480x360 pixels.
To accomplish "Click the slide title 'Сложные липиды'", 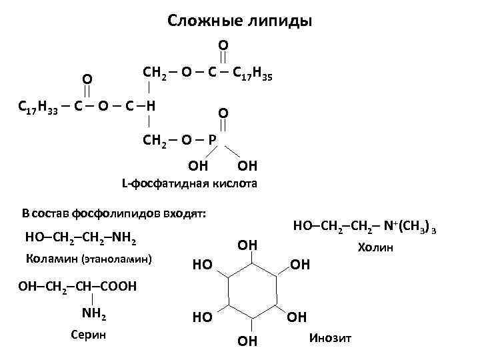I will pyautogui.click(x=239, y=21).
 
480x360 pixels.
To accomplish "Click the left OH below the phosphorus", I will pyautogui.click(x=199, y=165).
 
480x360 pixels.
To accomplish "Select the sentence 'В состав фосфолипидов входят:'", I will pyautogui.click(x=113, y=213).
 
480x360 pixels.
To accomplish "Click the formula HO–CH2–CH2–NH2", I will pyautogui.click(x=82, y=237).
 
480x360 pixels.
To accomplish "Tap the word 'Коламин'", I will pyautogui.click(x=51, y=258).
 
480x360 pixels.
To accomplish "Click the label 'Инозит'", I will pyautogui.click(x=331, y=339).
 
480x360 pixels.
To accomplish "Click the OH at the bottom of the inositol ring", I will pyautogui.click(x=247, y=341).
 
